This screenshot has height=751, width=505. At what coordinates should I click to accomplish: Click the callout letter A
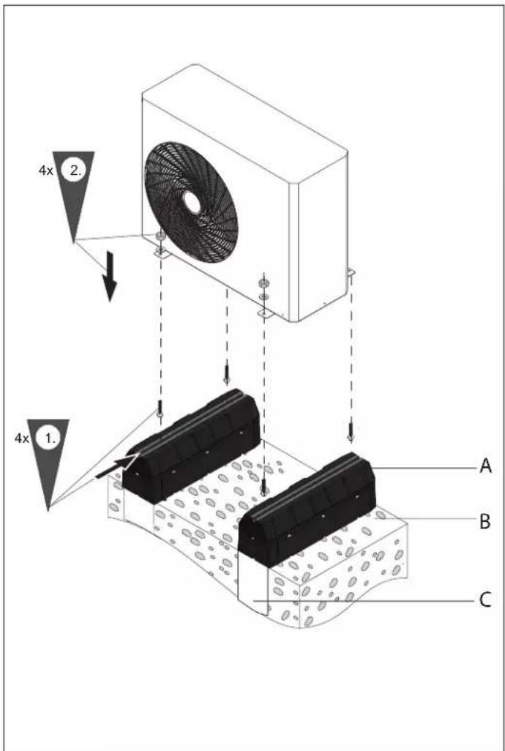pyautogui.click(x=485, y=466)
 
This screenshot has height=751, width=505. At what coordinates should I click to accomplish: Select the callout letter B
pyautogui.click(x=485, y=522)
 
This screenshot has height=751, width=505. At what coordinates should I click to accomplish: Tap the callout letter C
pyautogui.click(x=485, y=600)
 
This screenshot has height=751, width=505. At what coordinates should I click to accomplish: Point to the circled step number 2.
pyautogui.click(x=75, y=171)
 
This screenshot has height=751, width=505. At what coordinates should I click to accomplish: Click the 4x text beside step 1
pyautogui.click(x=21, y=438)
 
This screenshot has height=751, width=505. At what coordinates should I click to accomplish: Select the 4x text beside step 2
pyautogui.click(x=46, y=171)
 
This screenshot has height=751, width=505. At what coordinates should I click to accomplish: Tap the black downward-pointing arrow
pyautogui.click(x=110, y=277)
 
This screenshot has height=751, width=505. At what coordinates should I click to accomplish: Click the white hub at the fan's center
pyautogui.click(x=192, y=203)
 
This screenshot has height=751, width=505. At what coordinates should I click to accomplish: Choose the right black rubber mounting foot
pyautogui.click(x=307, y=509)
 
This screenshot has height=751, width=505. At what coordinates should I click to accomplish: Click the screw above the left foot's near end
pyautogui.click(x=160, y=408)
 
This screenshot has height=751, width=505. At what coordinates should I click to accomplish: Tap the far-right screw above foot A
pyautogui.click(x=351, y=432)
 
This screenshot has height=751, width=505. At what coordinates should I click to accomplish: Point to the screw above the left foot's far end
pyautogui.click(x=226, y=374)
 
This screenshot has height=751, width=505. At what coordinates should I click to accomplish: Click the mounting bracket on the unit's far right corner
pyautogui.click(x=351, y=272)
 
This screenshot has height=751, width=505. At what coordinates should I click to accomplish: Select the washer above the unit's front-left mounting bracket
pyautogui.click(x=161, y=236)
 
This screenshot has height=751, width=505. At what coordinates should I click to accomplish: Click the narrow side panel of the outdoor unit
pyautogui.click(x=318, y=239)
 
